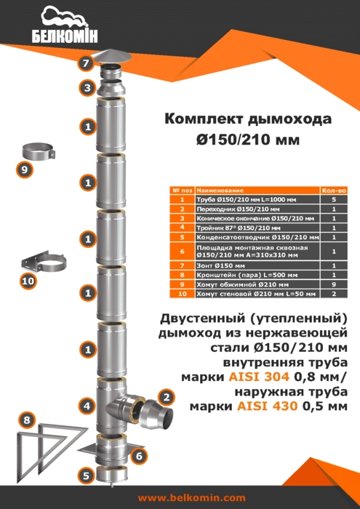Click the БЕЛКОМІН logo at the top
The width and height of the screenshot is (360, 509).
pyautogui.click(x=65, y=25)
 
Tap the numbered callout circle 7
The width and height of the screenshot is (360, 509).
pyautogui.click(x=85, y=63)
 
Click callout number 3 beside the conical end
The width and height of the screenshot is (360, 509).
pyautogui.click(x=88, y=89)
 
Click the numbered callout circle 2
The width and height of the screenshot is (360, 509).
pyautogui.click(x=167, y=397)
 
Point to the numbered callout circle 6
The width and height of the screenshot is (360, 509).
pyautogui.click(x=139, y=456)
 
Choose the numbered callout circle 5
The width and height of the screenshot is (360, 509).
pyautogui.click(x=86, y=476)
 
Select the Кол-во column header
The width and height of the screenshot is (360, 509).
pyautogui.click(x=334, y=191)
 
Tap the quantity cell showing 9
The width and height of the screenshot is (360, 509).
pyautogui.click(x=334, y=285)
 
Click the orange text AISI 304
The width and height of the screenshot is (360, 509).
pyautogui.click(x=254, y=377)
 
